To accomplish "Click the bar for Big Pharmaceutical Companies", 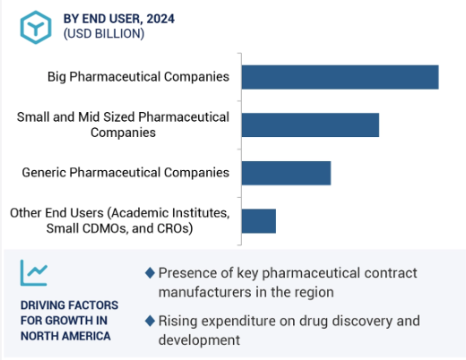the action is tap(341, 77).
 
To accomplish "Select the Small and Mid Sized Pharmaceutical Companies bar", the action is tap(310, 125).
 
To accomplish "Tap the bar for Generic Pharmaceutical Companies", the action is tap(286, 173).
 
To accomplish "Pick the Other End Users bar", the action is tap(259, 221).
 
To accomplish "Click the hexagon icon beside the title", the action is tap(36, 27).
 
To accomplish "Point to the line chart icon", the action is tap(34, 272).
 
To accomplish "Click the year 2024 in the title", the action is tap(160, 19).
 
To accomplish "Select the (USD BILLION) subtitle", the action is tap(104, 34).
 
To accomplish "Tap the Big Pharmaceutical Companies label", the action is tap(138, 77).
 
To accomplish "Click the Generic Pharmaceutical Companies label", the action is tap(125, 173).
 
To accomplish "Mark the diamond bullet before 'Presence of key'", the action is tap(150, 273).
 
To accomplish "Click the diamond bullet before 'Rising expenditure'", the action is tap(150, 321).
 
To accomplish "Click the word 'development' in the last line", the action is tap(199, 340).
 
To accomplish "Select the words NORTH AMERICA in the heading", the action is tap(65, 336).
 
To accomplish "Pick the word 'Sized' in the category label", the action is tap(119, 117).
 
